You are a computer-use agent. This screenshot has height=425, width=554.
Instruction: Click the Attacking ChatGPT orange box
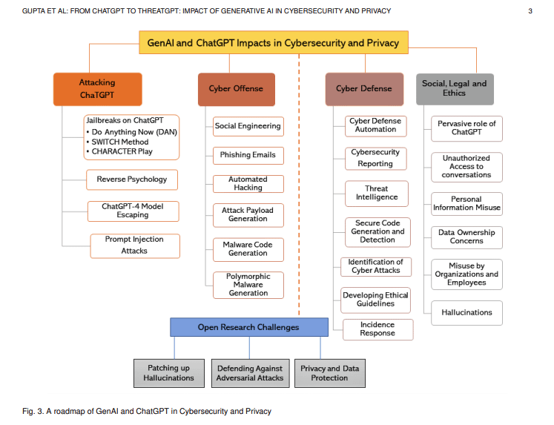click(x=97, y=89)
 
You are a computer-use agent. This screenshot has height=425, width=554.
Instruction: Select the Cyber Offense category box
click(x=236, y=89)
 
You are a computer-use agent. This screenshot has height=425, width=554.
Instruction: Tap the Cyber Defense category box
click(x=364, y=89)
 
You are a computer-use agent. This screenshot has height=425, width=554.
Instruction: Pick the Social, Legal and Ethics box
click(x=455, y=89)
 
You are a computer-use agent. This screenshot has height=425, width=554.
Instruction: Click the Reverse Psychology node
click(x=132, y=179)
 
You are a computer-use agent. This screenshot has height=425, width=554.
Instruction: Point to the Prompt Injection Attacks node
click(x=134, y=246)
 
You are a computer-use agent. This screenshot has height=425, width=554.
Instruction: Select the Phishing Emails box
click(x=248, y=155)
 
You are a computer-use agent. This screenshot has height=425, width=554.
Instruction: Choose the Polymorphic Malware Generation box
click(x=248, y=285)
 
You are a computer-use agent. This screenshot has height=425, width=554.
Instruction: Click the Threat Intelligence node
click(x=376, y=193)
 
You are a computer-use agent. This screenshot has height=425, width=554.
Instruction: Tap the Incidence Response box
click(x=377, y=329)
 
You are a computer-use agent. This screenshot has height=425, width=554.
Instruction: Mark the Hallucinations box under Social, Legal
click(x=466, y=313)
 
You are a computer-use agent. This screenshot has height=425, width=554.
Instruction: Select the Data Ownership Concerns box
click(x=466, y=237)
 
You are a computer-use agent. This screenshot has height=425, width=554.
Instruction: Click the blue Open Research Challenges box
click(x=248, y=327)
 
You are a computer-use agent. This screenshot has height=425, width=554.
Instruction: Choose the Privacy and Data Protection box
click(x=329, y=373)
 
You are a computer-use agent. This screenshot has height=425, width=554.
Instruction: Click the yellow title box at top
click(x=273, y=43)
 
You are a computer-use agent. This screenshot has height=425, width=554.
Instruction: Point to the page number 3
click(x=530, y=11)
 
